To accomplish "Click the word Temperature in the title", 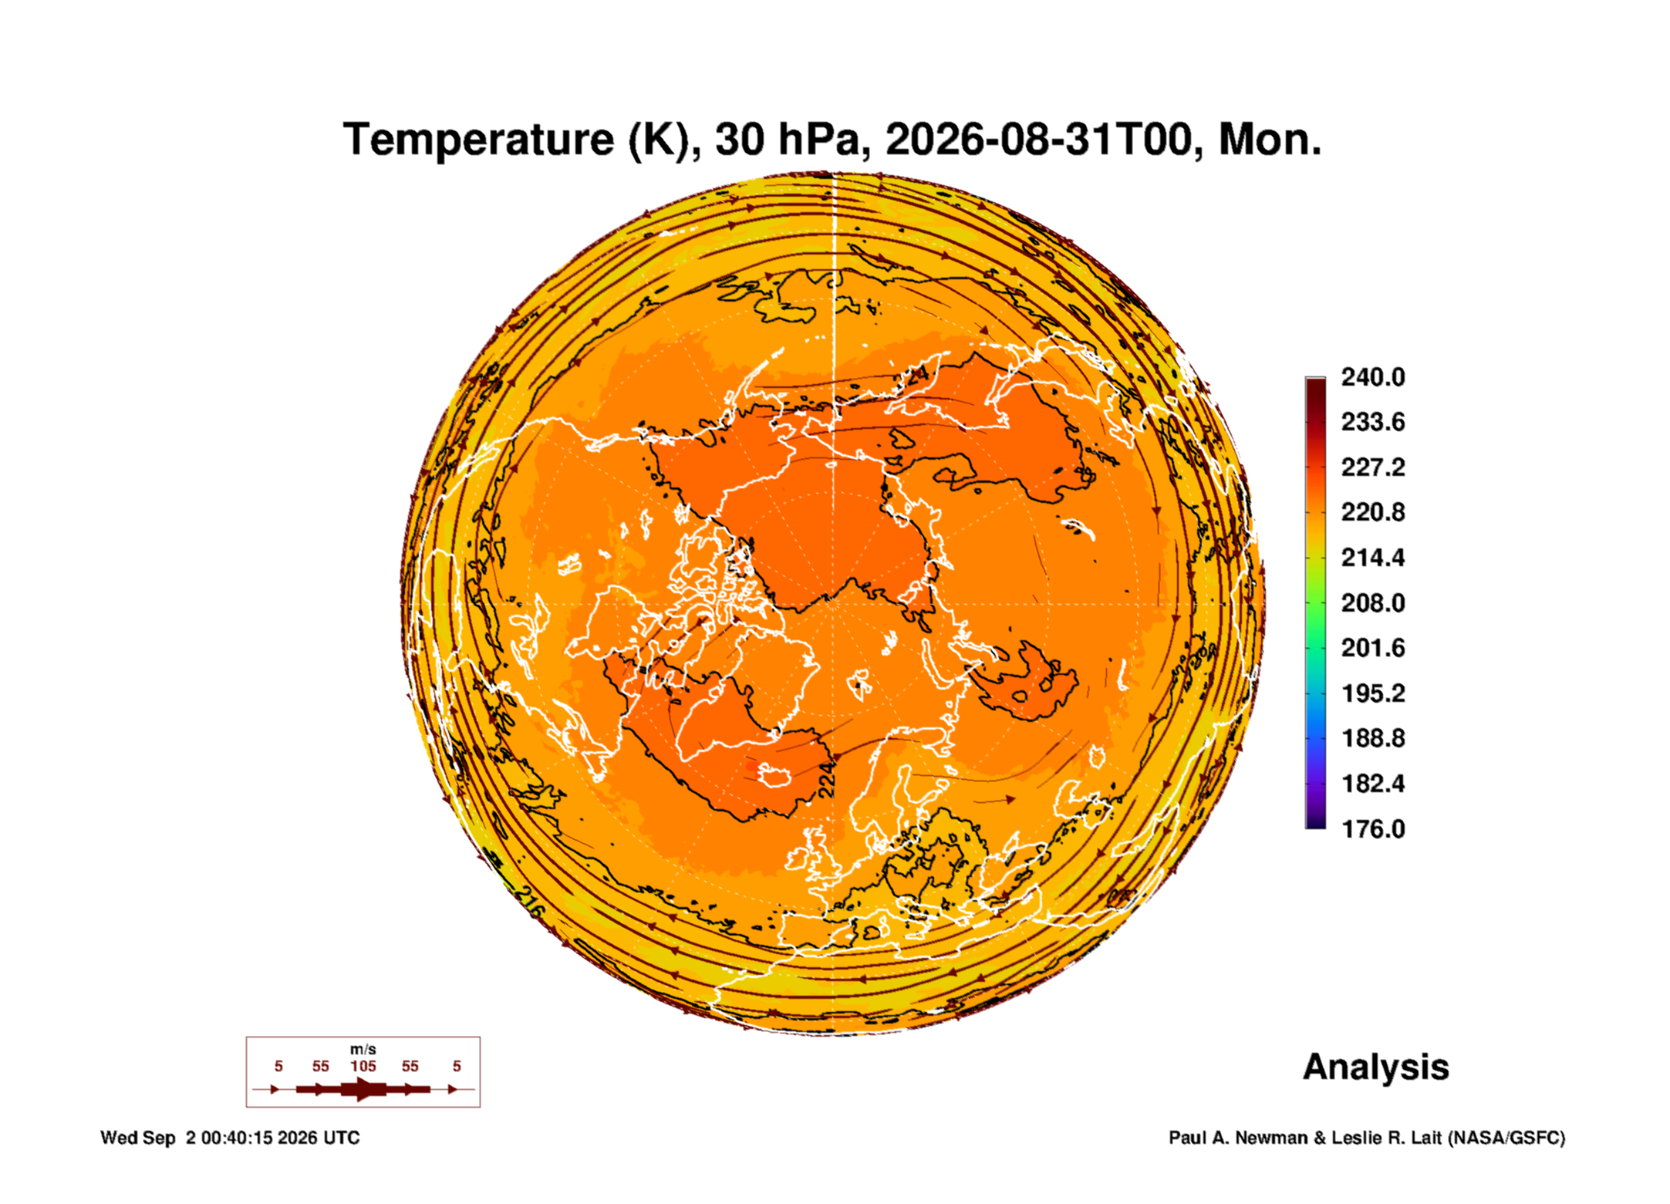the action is point(478,140).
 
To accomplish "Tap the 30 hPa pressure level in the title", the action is point(786,140).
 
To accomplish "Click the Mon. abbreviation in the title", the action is point(1270,140).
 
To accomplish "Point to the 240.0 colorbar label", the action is point(1373,377).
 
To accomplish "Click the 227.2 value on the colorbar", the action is point(1373,467).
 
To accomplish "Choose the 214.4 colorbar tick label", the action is point(1373,557).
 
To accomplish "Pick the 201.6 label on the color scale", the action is point(1373,647).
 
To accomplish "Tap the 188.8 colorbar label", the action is point(1373,738).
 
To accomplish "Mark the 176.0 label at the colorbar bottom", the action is point(1373,828).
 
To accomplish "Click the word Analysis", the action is point(1375,1067).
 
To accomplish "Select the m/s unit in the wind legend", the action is point(363,1049).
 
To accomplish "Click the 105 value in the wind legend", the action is point(363,1066).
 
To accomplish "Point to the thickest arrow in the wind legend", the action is point(363,1089).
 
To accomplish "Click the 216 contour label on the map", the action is point(529,899).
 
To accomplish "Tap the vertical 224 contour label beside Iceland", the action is point(826,779).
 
